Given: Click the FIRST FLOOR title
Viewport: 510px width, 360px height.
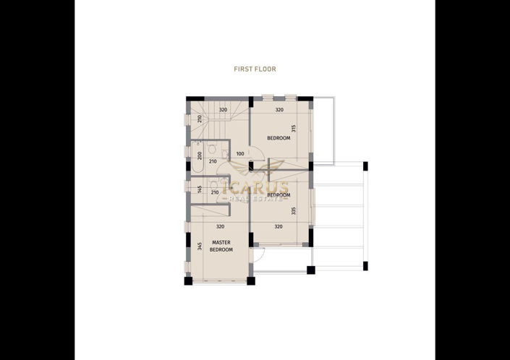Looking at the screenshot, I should [255, 69].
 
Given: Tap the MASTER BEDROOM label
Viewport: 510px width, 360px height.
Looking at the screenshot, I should [221, 246].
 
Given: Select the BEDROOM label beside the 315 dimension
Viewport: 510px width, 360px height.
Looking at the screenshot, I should [279, 138].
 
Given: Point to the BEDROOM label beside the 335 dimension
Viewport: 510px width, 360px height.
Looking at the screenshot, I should [279, 195].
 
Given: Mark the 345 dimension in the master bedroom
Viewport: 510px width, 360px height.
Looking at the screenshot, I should [199, 247].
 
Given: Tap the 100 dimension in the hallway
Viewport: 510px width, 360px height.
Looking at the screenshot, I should [240, 153].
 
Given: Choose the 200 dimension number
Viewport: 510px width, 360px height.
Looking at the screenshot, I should [199, 155].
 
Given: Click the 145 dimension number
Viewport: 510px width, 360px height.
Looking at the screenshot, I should [199, 189].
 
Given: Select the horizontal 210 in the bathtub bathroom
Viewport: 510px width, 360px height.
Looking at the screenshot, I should [213, 161].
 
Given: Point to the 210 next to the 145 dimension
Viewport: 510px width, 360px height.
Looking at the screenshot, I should [214, 192].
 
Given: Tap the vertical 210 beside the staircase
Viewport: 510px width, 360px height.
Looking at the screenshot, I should [199, 119].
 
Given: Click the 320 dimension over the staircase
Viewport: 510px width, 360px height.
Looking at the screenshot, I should [224, 110].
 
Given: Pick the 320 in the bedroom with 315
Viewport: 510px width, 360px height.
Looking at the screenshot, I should [279, 110].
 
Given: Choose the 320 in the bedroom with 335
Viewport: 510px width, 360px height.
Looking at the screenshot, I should [279, 226].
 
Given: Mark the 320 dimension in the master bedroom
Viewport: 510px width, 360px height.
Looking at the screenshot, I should [221, 226].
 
